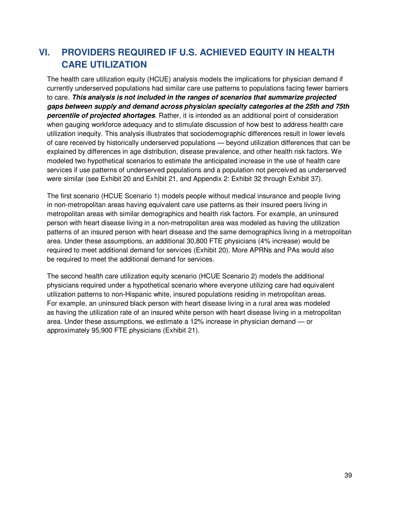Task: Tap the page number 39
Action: click(347, 475)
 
